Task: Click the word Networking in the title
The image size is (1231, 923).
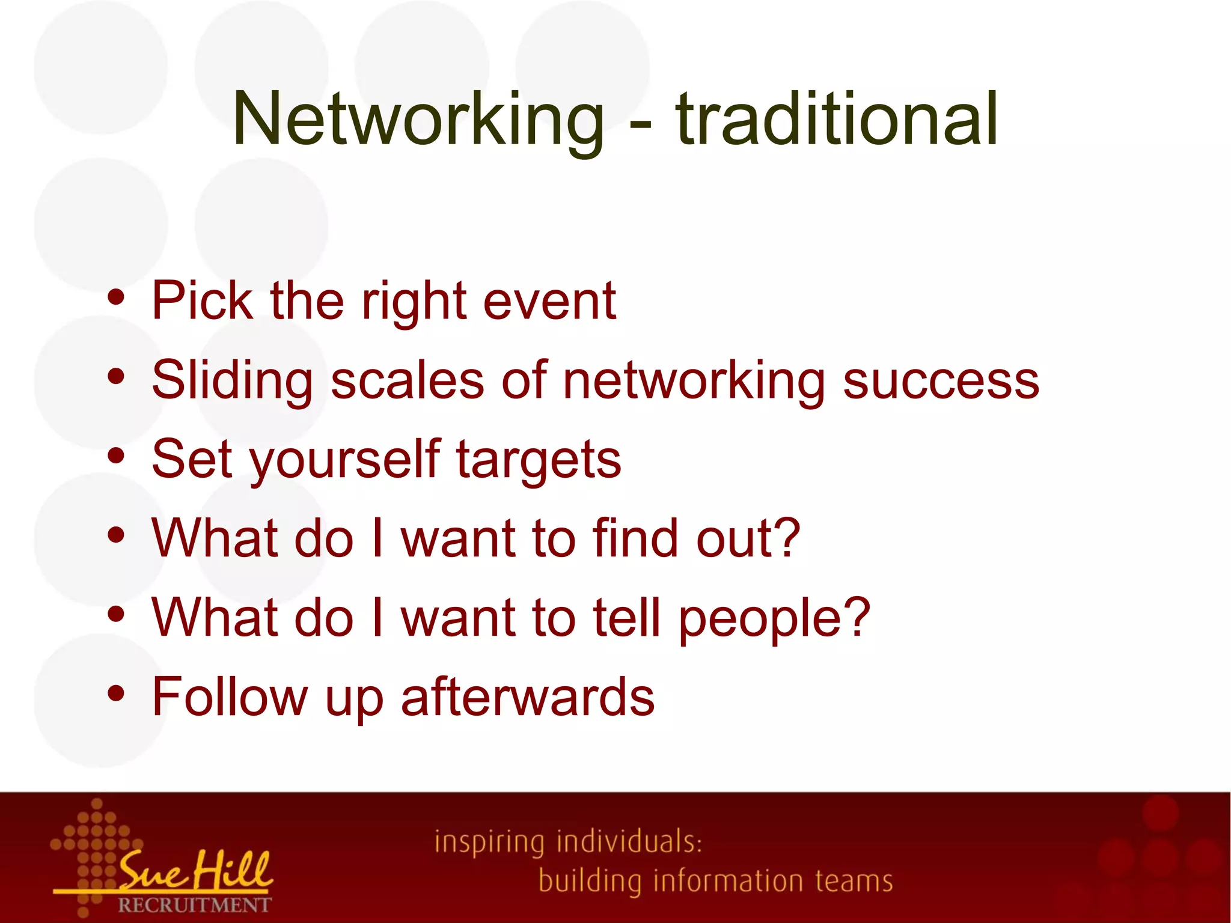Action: pyautogui.click(x=418, y=118)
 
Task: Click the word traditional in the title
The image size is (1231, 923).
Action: pyautogui.click(x=837, y=118)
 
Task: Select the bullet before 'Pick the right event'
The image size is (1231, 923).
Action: pyautogui.click(x=116, y=298)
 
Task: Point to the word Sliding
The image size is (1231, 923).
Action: pyautogui.click(x=232, y=381)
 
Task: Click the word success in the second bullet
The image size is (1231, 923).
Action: pyautogui.click(x=941, y=381)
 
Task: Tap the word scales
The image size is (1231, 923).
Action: pyautogui.click(x=408, y=381)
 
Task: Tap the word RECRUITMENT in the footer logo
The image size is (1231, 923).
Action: pyautogui.click(x=194, y=904)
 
